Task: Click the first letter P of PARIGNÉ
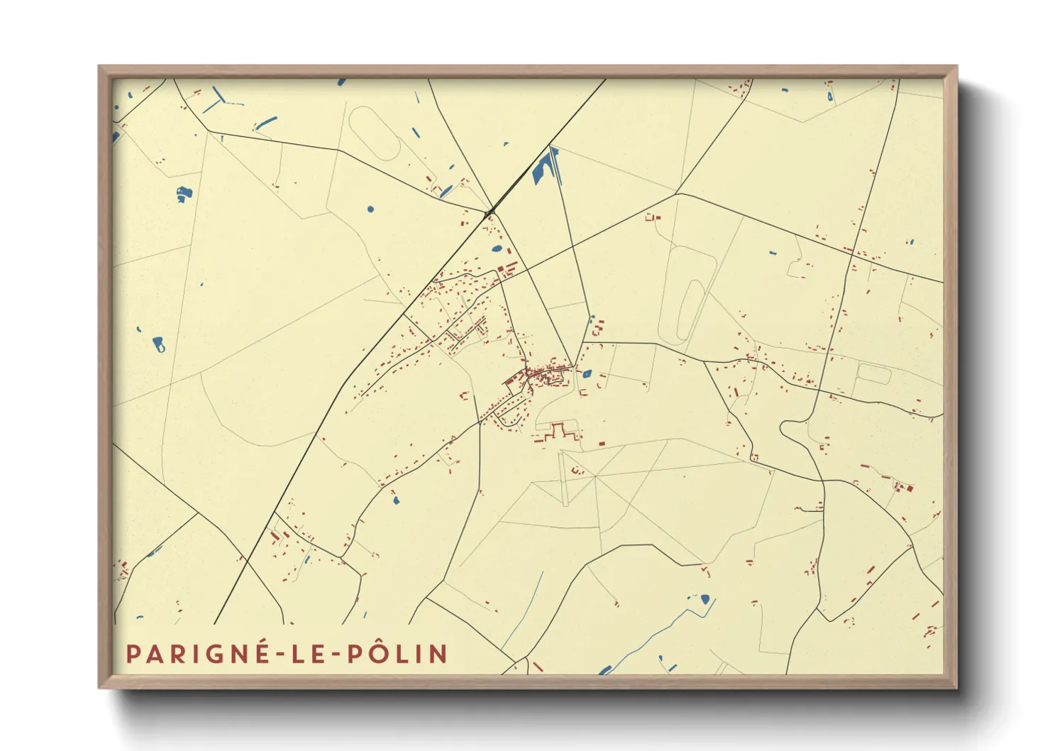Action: click(132, 654)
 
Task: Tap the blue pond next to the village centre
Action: click(587, 373)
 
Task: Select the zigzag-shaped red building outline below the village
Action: click(558, 430)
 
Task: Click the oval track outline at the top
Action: click(375, 134)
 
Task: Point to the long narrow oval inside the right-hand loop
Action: click(691, 309)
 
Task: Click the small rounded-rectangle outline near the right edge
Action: click(873, 373)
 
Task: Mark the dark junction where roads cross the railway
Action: click(489, 212)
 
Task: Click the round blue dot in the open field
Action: click(370, 209)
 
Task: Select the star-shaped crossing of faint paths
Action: click(595, 476)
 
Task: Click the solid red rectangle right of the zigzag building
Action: click(602, 444)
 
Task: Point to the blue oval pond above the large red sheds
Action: click(497, 249)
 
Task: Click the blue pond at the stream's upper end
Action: click(704, 599)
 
